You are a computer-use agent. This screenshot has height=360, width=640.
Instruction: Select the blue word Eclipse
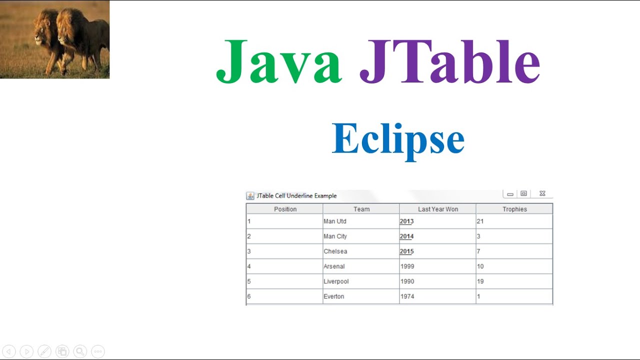[x=398, y=139]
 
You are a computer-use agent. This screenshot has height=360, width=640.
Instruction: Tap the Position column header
[x=285, y=209]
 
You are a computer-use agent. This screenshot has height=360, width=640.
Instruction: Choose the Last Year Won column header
[x=438, y=209]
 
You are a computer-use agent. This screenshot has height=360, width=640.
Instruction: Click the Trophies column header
[x=514, y=209]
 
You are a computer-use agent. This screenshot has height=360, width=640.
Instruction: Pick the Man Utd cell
[x=335, y=221]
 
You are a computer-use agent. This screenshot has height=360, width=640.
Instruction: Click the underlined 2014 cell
[x=406, y=236]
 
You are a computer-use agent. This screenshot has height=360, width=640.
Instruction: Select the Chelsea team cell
[x=335, y=251]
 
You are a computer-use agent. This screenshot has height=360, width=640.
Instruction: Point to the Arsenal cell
[x=334, y=266]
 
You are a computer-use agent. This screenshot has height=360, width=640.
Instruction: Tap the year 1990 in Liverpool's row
[x=407, y=281]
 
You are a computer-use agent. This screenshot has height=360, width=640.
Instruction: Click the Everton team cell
[x=333, y=296]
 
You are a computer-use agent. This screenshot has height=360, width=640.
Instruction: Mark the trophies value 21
[x=480, y=221]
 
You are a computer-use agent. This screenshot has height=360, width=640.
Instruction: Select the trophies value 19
[x=480, y=281]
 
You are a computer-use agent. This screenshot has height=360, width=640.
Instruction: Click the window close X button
[x=542, y=194]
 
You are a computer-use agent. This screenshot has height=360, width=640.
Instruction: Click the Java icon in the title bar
[x=250, y=196]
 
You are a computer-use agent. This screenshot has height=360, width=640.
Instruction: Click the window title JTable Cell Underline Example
[x=296, y=196]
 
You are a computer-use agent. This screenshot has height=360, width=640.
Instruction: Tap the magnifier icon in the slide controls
[x=80, y=351]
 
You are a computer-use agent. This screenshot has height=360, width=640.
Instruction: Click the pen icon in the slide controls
[x=44, y=351]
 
